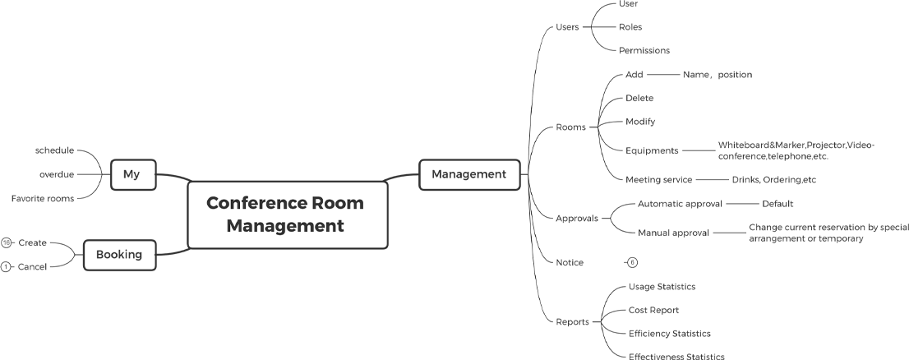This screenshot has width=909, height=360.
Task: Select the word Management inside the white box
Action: pos(284,225)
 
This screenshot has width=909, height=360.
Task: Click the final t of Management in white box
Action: pos(340,225)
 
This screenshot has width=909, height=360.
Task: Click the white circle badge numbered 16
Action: pos(6,242)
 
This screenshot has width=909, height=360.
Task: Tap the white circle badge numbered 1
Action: pos(6,266)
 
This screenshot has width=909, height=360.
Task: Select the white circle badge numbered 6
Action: pos(632,262)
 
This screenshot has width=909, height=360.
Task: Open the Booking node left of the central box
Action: pos(123,256)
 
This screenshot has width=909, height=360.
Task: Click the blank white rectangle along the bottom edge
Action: pos(151,326)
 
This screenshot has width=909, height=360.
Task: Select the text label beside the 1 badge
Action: pos(37,266)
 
